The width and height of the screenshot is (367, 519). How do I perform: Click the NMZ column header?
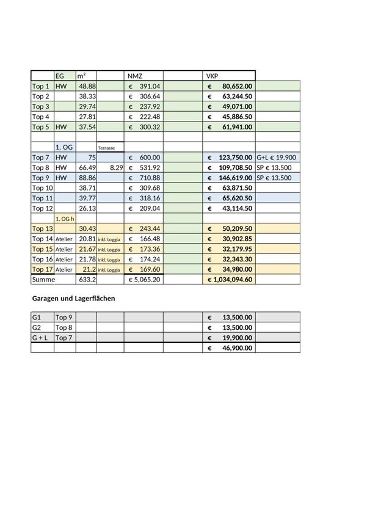click(134, 76)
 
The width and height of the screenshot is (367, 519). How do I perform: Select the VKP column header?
click(213, 76)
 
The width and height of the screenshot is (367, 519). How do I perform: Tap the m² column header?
click(81, 76)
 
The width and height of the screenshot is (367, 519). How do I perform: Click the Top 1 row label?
click(40, 87)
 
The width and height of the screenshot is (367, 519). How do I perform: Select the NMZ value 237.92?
click(150, 106)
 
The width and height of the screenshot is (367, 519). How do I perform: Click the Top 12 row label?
click(42, 208)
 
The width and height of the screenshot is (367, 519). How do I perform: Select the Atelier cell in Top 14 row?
click(64, 239)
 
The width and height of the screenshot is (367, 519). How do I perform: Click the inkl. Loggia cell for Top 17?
click(110, 269)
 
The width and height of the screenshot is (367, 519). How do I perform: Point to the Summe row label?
click(43, 279)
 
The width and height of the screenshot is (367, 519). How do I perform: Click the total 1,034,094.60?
click(231, 279)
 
